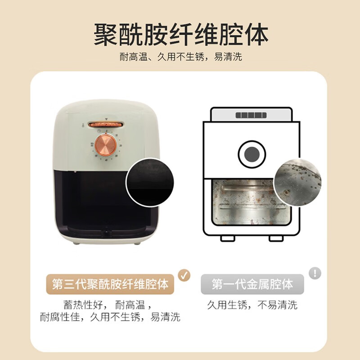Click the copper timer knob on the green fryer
(x=106, y=145)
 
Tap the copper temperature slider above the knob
(x=106, y=125)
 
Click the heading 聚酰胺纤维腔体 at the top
(x=181, y=35)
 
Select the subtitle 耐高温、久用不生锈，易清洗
(x=181, y=57)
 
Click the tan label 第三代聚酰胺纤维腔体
(x=110, y=284)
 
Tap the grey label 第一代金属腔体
(x=252, y=284)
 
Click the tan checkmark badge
(x=184, y=275)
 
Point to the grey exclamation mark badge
(x=315, y=273)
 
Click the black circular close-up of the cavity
(x=150, y=183)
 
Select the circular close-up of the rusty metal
(x=298, y=182)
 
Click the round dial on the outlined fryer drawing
(x=252, y=154)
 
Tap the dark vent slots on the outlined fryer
(x=251, y=115)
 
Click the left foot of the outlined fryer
(x=228, y=238)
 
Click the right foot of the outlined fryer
(x=276, y=238)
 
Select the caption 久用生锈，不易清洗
(x=252, y=305)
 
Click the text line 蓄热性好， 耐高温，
(x=108, y=305)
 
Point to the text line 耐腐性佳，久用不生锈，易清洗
(x=110, y=317)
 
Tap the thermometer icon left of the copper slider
(x=83, y=126)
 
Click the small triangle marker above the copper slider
(x=106, y=119)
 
